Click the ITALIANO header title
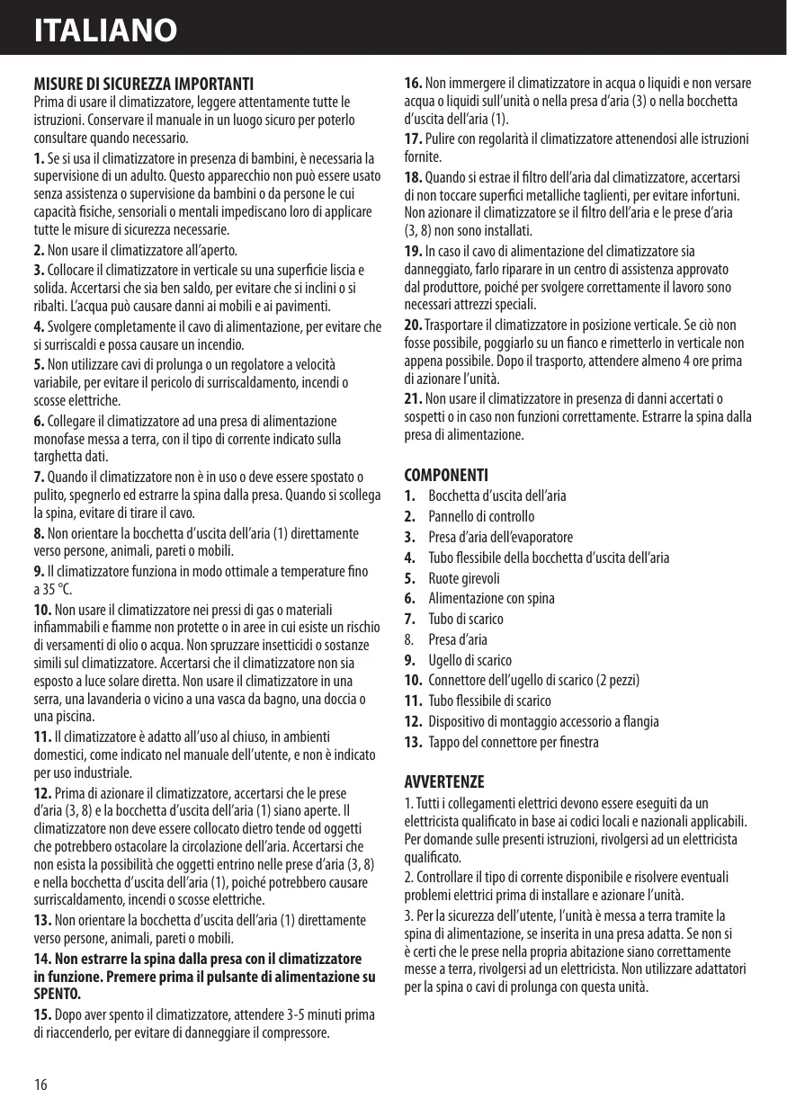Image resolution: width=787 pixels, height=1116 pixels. click(105, 31)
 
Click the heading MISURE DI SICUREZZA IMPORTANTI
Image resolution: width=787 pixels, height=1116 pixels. click(143, 85)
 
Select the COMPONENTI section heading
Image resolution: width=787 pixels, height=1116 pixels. click(447, 474)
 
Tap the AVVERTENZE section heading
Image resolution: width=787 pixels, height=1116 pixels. click(444, 781)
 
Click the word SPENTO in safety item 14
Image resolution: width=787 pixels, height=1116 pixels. click(57, 994)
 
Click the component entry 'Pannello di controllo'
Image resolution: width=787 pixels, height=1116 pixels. click(481, 516)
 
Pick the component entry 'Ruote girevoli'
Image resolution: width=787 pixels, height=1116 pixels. click(463, 578)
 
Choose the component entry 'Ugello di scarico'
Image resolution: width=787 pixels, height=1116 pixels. click(470, 660)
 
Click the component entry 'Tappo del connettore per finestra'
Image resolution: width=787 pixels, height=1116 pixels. click(513, 743)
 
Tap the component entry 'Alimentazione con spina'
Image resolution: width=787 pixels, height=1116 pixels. click(491, 598)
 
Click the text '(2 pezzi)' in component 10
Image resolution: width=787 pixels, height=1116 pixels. click(614, 680)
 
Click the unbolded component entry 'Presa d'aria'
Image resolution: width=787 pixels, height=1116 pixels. click(457, 639)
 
